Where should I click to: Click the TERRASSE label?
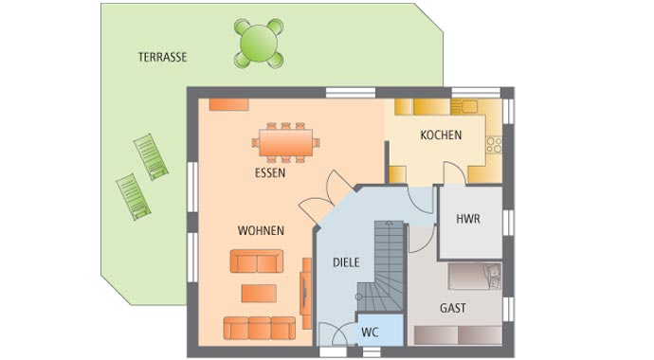pyautogui.click(x=162, y=57)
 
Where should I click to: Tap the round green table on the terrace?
pyautogui.click(x=259, y=43)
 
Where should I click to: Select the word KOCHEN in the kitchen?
pyautogui.click(x=441, y=135)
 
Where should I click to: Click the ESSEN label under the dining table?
pyautogui.click(x=269, y=173)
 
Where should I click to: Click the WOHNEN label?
pyautogui.click(x=261, y=230)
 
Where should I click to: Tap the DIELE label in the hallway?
pyautogui.click(x=346, y=262)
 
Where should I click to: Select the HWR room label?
pyautogui.click(x=468, y=219)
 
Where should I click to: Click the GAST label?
pyautogui.click(x=453, y=308)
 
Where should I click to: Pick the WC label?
pyautogui.click(x=370, y=333)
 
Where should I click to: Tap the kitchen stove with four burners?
pyautogui.click(x=494, y=144)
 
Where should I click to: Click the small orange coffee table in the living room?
pyautogui.click(x=259, y=293)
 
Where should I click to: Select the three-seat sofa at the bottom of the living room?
pyautogui.click(x=259, y=328)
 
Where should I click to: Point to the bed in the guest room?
pyautogui.click(x=475, y=276)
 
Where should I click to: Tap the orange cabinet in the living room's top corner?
pyautogui.click(x=228, y=104)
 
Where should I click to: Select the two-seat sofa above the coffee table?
pyautogui.click(x=257, y=261)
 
